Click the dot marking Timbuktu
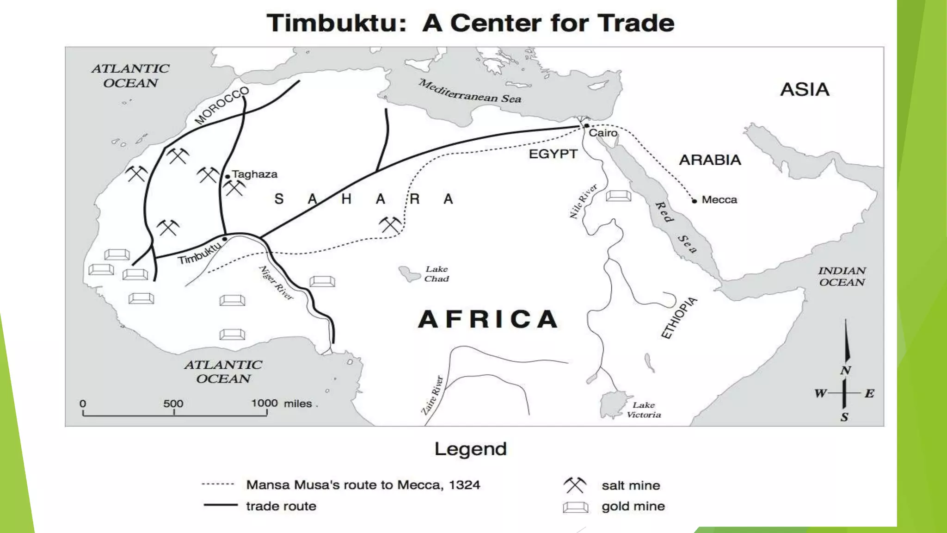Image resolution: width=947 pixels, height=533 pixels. click(x=225, y=239)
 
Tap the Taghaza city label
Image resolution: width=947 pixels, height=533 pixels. click(x=255, y=174)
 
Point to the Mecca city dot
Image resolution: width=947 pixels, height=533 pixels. click(x=694, y=201)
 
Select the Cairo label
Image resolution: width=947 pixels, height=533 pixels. click(x=603, y=133)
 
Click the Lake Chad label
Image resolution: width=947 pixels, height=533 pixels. click(x=437, y=274)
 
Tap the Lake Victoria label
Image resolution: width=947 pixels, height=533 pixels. click(x=644, y=410)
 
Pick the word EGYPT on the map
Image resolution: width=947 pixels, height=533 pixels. click(x=553, y=154)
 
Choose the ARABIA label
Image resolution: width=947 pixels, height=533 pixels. click(x=710, y=160)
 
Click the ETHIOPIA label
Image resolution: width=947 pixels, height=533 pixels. click(x=678, y=318)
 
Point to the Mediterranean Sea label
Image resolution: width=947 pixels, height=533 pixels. click(x=470, y=92)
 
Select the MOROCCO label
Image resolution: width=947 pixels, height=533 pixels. click(x=221, y=105)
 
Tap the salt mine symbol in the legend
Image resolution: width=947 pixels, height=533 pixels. click(x=575, y=485)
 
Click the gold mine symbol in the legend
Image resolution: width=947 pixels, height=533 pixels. click(x=576, y=507)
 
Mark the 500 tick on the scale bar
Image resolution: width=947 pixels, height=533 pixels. click(x=174, y=412)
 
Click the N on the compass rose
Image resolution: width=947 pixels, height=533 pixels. click(x=846, y=371)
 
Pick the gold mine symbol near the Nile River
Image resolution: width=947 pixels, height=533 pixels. click(x=618, y=196)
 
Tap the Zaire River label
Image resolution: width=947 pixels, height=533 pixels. click(x=432, y=395)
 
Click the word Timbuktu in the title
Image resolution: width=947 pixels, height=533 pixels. click(x=336, y=23)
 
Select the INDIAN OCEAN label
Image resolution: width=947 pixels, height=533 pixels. click(x=842, y=277)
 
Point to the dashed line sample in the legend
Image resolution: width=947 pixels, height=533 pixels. click(x=218, y=484)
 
